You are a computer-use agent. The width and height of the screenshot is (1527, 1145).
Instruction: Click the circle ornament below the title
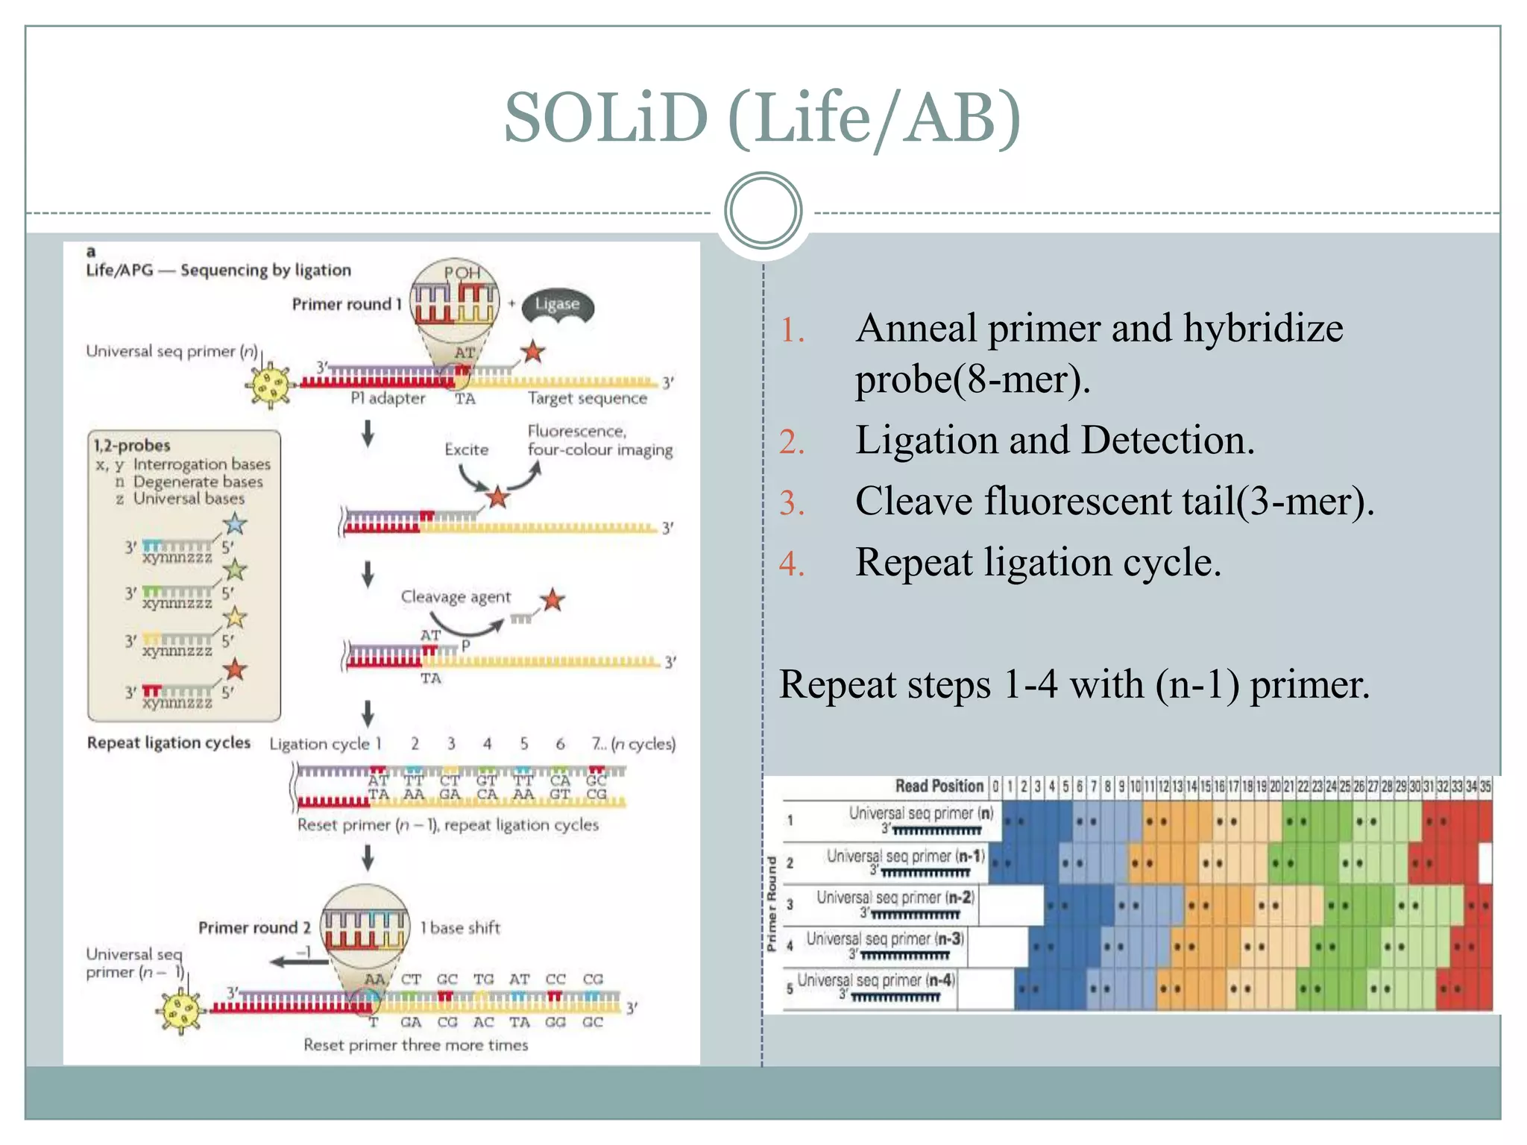point(763,210)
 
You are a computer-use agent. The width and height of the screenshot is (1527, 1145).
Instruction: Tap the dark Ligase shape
point(558,305)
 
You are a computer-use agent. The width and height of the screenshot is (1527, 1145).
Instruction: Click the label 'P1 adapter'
point(388,399)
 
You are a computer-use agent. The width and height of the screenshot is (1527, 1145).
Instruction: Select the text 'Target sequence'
point(588,399)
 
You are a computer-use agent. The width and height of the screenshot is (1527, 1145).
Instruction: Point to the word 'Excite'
point(467,450)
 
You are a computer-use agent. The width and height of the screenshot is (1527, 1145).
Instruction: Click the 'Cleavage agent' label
point(456,597)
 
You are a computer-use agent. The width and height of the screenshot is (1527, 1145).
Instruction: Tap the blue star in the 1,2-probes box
point(236,524)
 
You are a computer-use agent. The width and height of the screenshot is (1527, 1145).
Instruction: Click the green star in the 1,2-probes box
point(236,570)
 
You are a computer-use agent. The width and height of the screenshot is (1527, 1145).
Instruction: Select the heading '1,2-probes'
point(132,446)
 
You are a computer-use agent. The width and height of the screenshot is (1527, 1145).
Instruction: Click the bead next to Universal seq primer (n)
point(269,385)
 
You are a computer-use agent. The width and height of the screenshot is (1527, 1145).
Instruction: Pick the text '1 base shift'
point(460,928)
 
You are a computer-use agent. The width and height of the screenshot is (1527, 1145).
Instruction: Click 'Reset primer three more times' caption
point(415,1045)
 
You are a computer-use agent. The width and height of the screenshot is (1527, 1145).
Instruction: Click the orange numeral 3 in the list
point(792,503)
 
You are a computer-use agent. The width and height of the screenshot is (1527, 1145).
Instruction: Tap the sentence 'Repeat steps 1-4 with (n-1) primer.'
point(1074,684)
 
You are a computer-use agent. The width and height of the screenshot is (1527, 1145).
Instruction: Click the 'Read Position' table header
point(939,786)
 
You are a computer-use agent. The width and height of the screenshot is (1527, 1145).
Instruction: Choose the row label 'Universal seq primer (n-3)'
point(885,939)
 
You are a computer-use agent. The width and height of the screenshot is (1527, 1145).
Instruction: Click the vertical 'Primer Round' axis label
point(772,904)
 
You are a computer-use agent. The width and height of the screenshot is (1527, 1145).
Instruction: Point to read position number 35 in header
point(1485,786)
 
